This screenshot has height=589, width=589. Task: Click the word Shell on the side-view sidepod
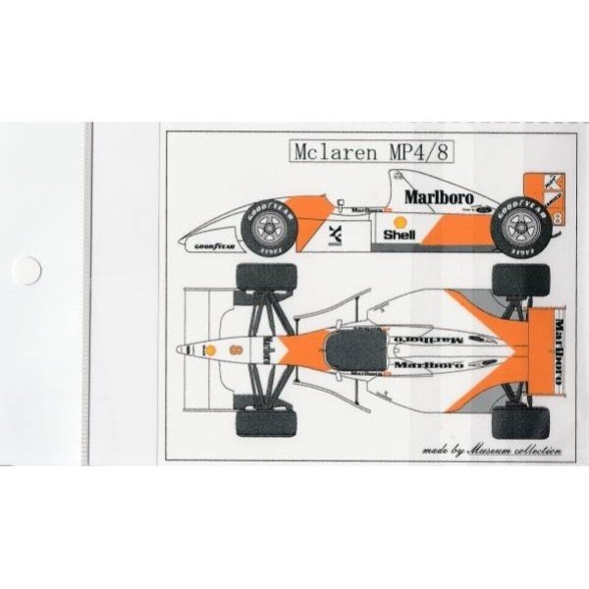tap(401, 235)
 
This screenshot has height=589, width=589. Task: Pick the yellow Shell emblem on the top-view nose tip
tap(208, 348)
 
